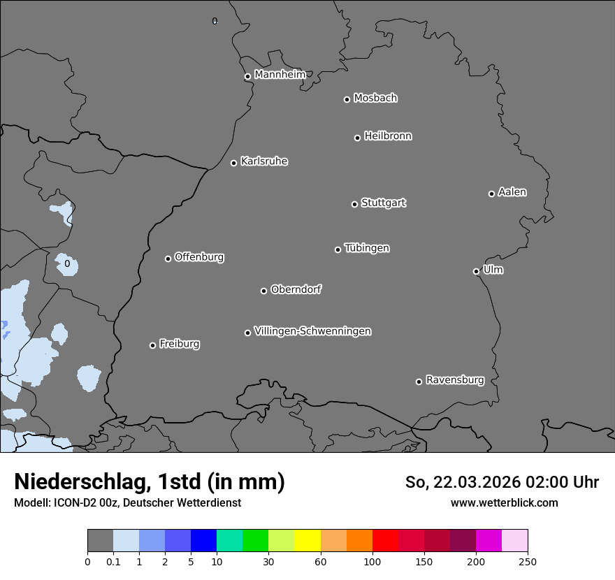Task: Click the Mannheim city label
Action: (x=280, y=75)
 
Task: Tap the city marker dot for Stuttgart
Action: (x=354, y=204)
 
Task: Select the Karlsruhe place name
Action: (x=263, y=161)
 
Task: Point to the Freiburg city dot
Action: (x=152, y=345)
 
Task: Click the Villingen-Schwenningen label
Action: (x=312, y=331)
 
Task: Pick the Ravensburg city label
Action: (x=454, y=380)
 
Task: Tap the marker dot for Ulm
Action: (x=476, y=271)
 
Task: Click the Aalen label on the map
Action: (x=512, y=192)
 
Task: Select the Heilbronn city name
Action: (x=387, y=136)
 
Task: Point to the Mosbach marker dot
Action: (x=347, y=99)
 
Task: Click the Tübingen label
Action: (x=366, y=248)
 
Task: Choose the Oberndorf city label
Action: (x=296, y=289)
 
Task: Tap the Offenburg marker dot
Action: (x=168, y=259)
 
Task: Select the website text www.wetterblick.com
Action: (x=504, y=502)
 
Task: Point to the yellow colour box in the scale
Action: (x=307, y=541)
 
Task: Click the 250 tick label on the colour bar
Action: (x=528, y=561)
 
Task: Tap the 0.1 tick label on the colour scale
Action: (x=113, y=561)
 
